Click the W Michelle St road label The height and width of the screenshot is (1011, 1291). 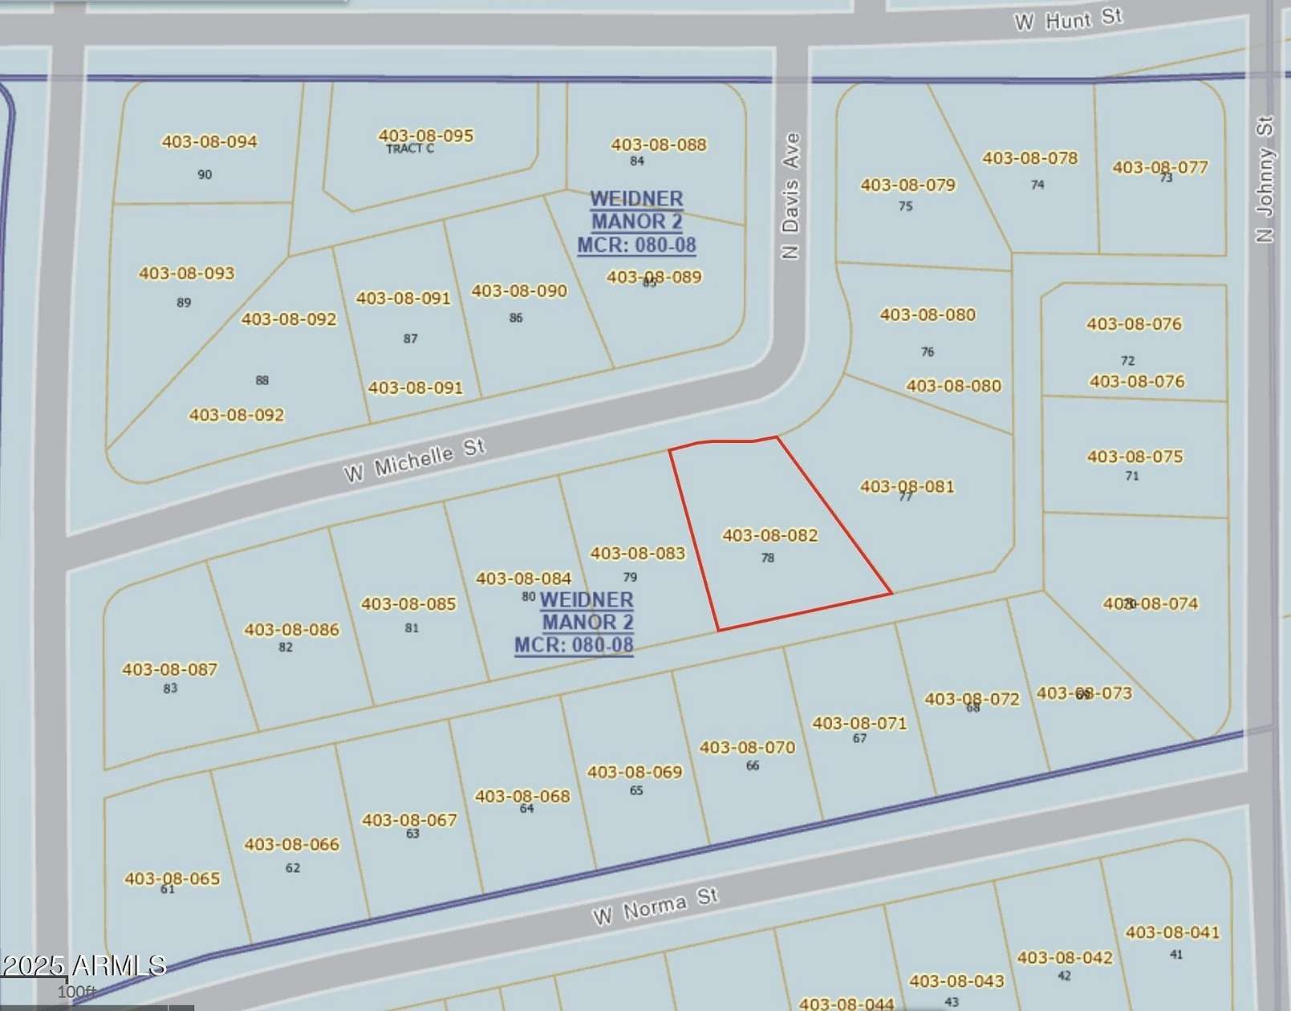[x=415, y=461]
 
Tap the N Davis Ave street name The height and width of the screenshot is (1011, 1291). [x=791, y=196]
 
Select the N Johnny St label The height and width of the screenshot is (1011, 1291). [x=1265, y=179]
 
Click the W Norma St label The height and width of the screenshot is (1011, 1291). [x=655, y=906]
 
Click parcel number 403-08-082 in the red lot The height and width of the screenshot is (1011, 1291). [x=769, y=535]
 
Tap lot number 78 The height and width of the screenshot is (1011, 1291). [x=768, y=558]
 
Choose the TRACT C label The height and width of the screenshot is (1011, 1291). [x=410, y=148]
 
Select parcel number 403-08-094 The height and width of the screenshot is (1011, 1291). [x=209, y=142]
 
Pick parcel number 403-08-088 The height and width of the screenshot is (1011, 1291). [x=659, y=145]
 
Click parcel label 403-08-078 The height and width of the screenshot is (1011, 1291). [x=1029, y=158]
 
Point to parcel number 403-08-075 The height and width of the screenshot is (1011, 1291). [x=1135, y=457]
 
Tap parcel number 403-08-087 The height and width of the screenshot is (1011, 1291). [x=169, y=669]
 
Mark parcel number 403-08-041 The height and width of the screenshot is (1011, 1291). [x=1172, y=932]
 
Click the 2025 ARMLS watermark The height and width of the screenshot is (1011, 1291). [x=83, y=965]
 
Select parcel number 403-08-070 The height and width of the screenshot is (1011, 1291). [x=747, y=748]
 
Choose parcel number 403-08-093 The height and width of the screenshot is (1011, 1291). [x=186, y=274]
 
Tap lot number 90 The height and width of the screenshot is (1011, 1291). [x=205, y=174]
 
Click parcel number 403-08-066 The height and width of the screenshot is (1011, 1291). [x=291, y=844]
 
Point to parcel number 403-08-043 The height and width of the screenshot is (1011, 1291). [x=956, y=981]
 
